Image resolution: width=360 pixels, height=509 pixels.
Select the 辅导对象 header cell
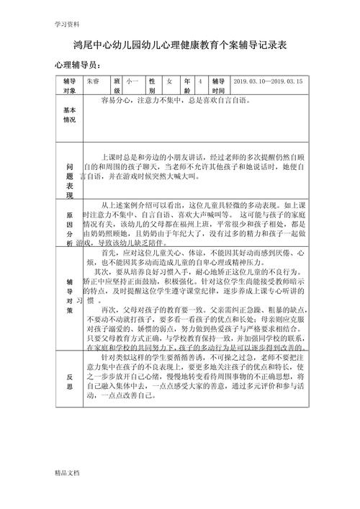pyautogui.click(x=69, y=86)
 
